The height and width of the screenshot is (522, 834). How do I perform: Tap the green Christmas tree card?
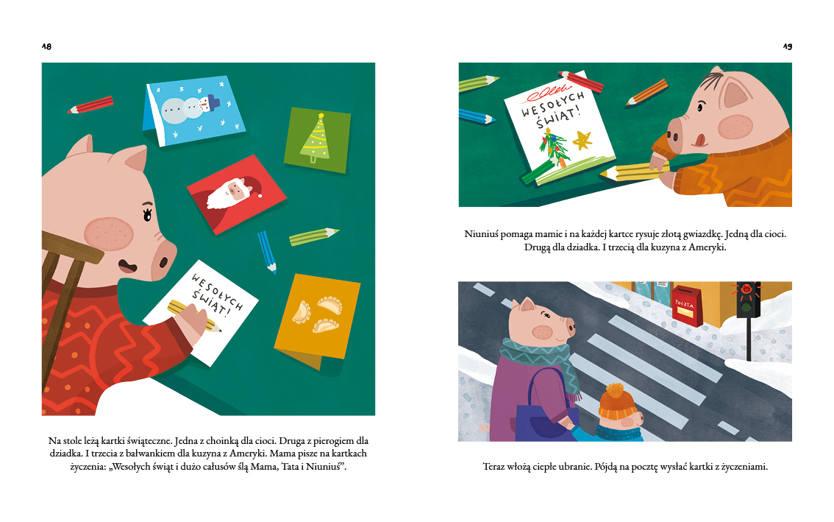[x=317, y=140]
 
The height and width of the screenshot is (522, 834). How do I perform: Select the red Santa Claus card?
[x=237, y=194]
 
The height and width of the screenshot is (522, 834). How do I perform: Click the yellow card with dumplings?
[x=318, y=319]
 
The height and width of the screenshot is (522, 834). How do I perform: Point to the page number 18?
[x=47, y=46]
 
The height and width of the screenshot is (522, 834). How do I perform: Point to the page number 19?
[x=787, y=46]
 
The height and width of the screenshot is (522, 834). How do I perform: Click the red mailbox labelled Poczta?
[x=687, y=306]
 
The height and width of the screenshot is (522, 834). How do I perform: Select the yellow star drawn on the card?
[x=582, y=140]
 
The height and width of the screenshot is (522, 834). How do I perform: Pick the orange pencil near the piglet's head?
[x=646, y=92]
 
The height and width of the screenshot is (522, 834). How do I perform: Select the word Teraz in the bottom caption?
[x=494, y=467]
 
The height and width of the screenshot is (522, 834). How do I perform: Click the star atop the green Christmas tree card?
[x=321, y=116]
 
